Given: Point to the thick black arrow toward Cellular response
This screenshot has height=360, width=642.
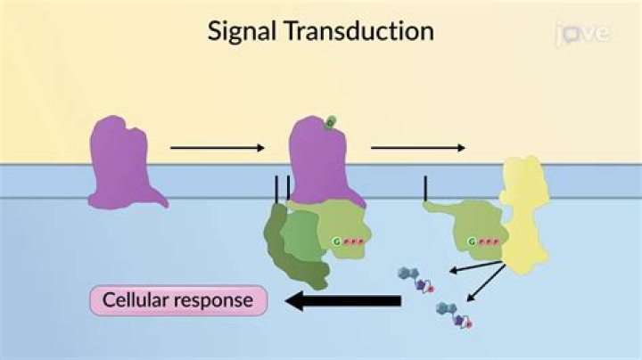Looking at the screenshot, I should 342,303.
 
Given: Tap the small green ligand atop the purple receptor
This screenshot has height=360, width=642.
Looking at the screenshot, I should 330,122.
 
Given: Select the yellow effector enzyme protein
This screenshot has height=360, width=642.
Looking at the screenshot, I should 527,209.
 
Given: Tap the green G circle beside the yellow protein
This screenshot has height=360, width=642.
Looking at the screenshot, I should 472,241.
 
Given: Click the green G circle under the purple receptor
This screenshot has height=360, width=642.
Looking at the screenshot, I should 337,241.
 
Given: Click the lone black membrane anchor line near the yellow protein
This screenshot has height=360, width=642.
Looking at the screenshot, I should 425,188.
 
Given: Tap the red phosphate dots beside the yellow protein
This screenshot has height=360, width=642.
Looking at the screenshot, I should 489,241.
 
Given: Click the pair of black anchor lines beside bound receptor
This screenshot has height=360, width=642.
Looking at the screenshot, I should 282,188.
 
